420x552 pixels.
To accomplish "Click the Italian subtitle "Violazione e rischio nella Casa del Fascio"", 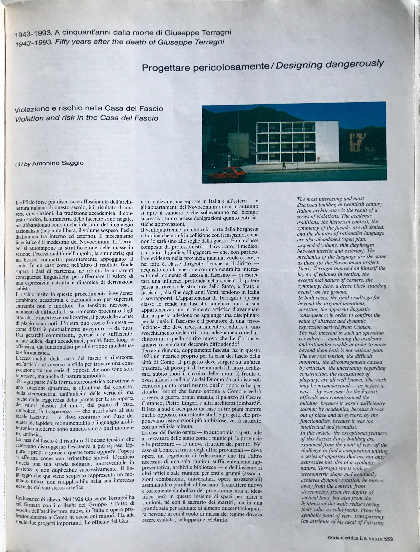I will pyautogui.click(x=89, y=109).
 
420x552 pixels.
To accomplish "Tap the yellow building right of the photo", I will pyautogui.click(x=358, y=143).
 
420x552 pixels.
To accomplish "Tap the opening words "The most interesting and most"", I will pyautogui.click(x=330, y=199).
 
